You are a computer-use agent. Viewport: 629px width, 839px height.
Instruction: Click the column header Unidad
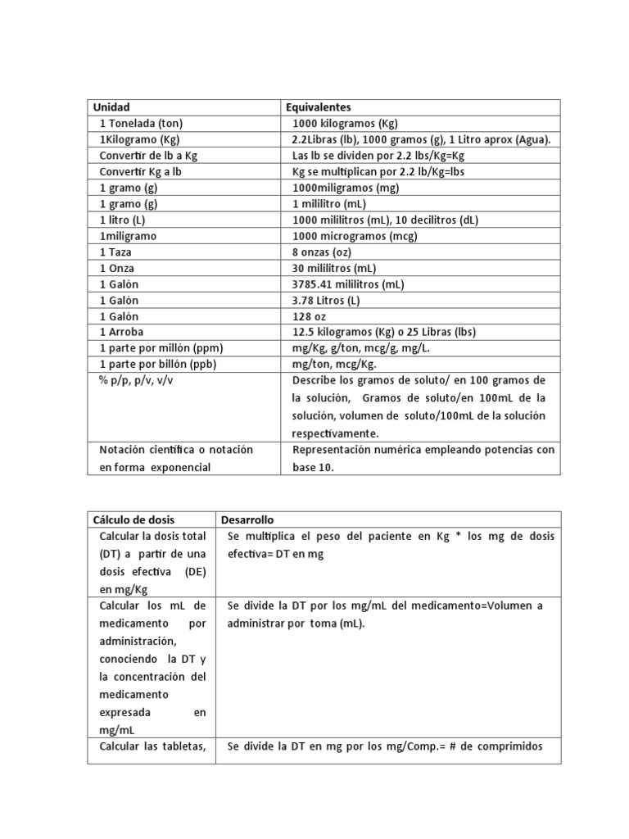click(111, 107)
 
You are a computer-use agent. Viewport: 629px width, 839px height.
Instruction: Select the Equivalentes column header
click(319, 107)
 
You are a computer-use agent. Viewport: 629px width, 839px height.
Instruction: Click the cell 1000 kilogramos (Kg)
click(345, 124)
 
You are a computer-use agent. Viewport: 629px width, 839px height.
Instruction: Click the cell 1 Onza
click(118, 268)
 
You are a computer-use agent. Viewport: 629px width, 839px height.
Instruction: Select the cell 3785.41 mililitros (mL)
click(349, 284)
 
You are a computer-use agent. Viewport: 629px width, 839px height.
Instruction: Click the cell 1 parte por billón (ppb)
click(158, 364)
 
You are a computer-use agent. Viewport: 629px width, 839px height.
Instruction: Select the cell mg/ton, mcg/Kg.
click(334, 364)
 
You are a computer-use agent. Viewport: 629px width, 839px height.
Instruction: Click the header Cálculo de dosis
click(133, 519)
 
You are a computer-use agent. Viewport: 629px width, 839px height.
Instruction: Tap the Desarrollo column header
click(248, 519)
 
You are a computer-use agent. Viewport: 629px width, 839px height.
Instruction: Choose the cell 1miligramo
click(128, 236)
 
